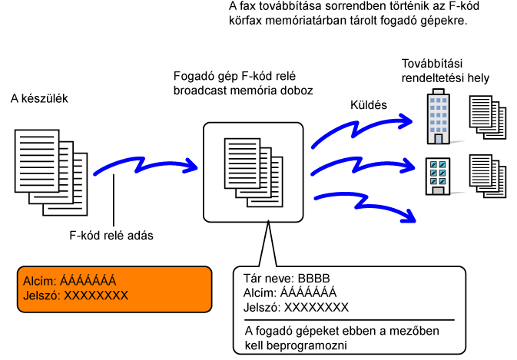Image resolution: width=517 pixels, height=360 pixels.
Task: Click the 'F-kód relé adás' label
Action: (x=111, y=236)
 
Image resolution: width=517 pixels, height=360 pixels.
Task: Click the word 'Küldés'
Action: (x=367, y=104)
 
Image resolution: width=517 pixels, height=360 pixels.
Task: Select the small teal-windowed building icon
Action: (x=438, y=177)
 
